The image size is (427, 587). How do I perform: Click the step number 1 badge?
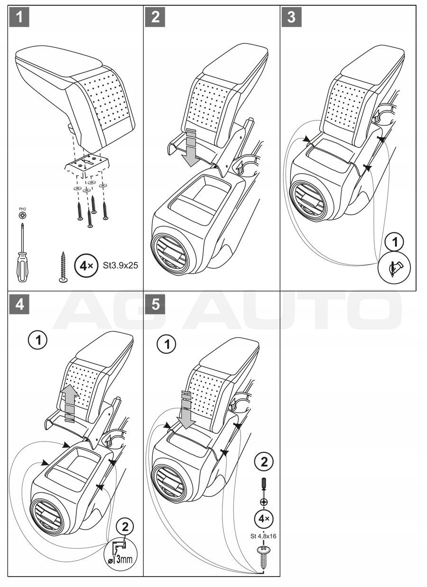point(19,18)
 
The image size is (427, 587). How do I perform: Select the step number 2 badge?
point(156,18)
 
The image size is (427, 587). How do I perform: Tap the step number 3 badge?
point(291,18)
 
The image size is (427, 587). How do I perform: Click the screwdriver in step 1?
point(22,253)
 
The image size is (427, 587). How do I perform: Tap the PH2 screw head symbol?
point(22,215)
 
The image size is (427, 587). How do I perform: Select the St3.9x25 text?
point(121,266)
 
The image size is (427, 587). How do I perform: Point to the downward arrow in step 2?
point(190,148)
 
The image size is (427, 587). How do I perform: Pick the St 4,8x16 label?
point(263,536)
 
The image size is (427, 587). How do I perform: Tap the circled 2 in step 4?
point(125,526)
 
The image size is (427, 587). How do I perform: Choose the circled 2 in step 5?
point(264,461)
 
